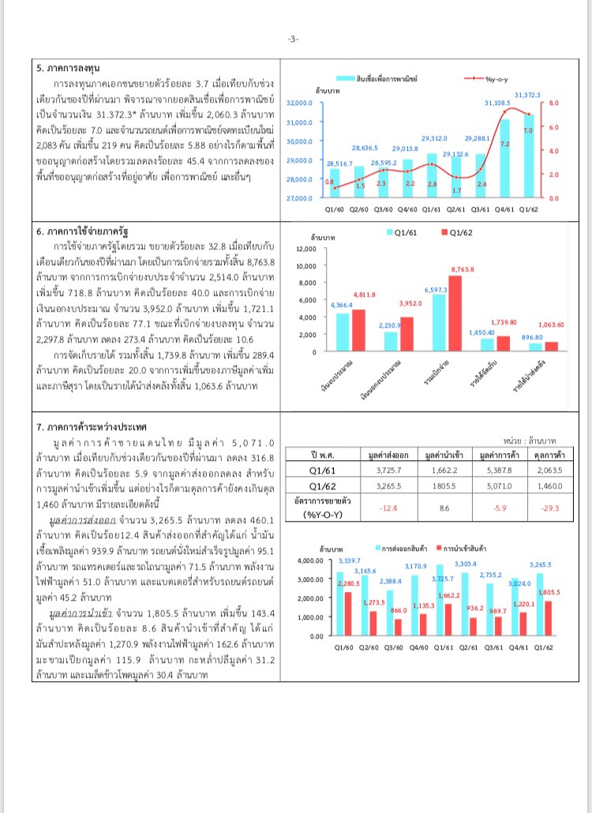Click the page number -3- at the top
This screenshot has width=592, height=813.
[294, 39]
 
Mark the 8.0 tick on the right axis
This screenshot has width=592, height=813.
[554, 103]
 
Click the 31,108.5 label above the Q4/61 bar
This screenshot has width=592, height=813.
[497, 103]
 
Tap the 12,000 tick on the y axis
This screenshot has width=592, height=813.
[305, 249]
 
